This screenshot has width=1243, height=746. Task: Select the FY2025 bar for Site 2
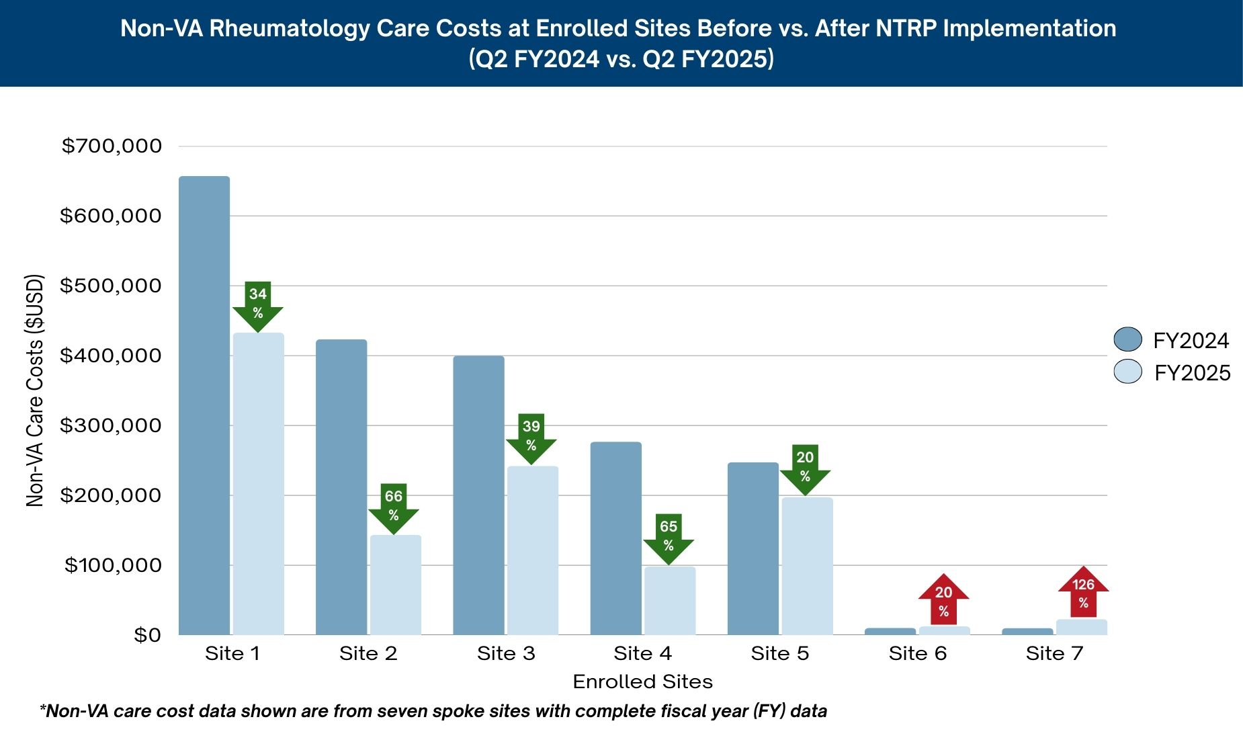(x=395, y=585)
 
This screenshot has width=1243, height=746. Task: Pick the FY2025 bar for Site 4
(x=670, y=601)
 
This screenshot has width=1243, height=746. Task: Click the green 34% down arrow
(x=258, y=306)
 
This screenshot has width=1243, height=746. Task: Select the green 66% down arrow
(x=394, y=508)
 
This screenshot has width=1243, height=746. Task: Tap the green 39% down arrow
(x=531, y=438)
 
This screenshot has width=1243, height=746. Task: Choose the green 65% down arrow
(x=669, y=538)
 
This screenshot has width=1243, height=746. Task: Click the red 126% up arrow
(x=1083, y=591)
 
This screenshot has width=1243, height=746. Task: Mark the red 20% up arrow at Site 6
(x=943, y=599)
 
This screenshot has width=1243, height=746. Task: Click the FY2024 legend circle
(x=1127, y=339)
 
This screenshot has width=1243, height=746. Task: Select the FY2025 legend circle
(x=1127, y=372)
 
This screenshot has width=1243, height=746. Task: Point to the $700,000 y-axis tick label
(x=112, y=146)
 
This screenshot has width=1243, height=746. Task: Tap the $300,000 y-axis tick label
(x=111, y=425)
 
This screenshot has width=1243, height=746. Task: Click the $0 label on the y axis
(x=147, y=635)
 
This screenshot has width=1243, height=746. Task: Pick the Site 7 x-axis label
(x=1054, y=653)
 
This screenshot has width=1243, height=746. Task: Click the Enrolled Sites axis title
(x=642, y=681)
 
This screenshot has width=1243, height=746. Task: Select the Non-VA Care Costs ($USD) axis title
(x=35, y=390)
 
